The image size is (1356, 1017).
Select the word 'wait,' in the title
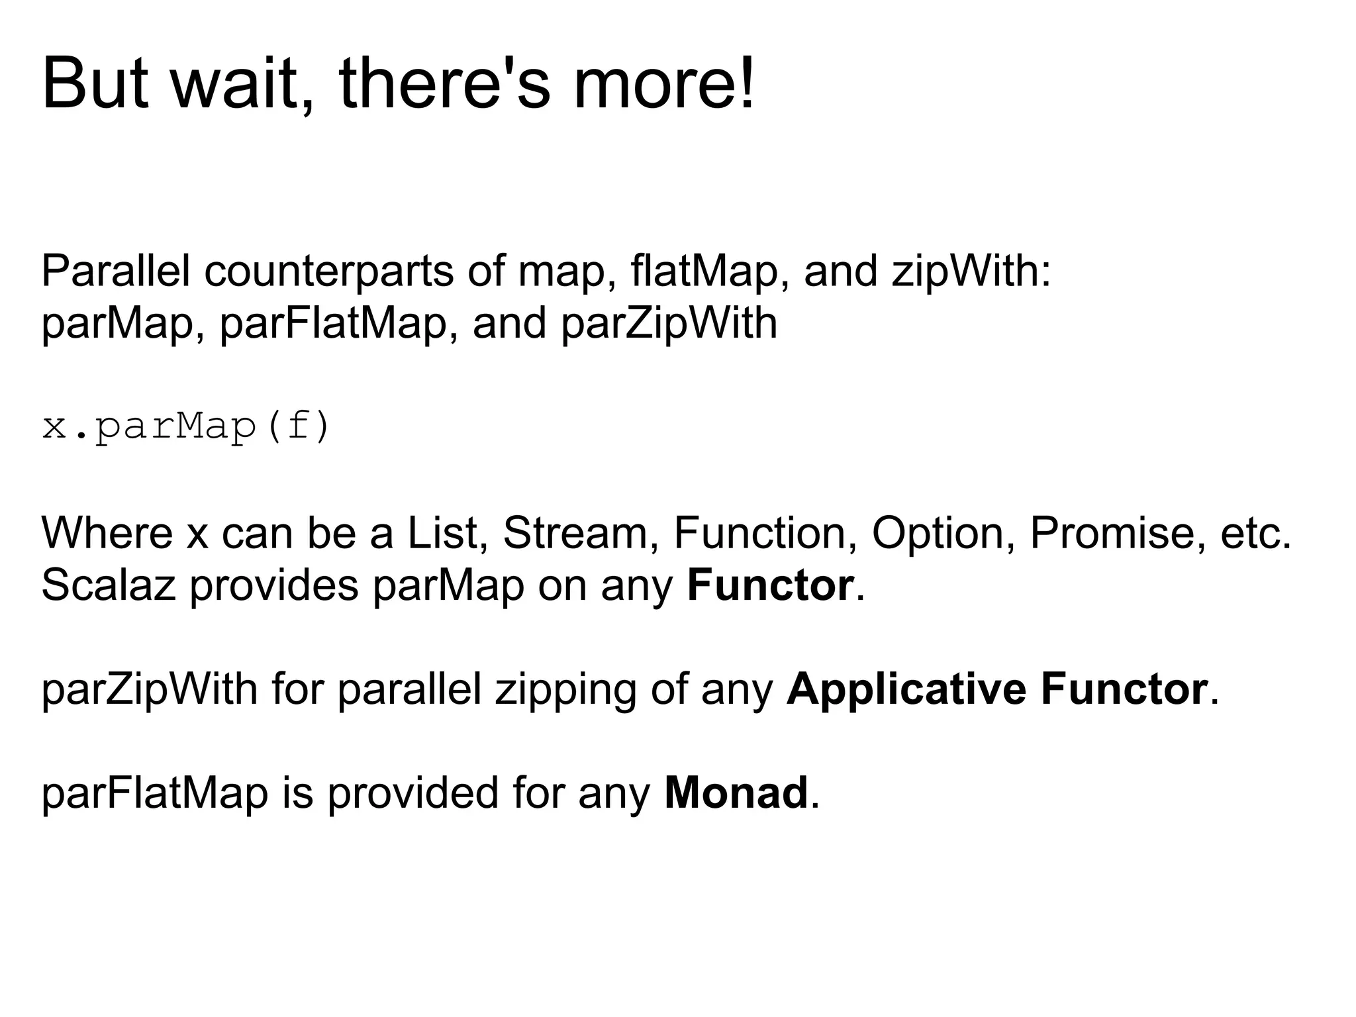[242, 85]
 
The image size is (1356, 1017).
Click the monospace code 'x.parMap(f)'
[185, 427]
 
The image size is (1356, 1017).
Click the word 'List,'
[443, 533]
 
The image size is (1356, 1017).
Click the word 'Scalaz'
[109, 586]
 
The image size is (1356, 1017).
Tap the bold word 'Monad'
[736, 793]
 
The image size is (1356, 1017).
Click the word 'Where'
[107, 533]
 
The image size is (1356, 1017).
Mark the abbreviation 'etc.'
[1255, 533]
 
